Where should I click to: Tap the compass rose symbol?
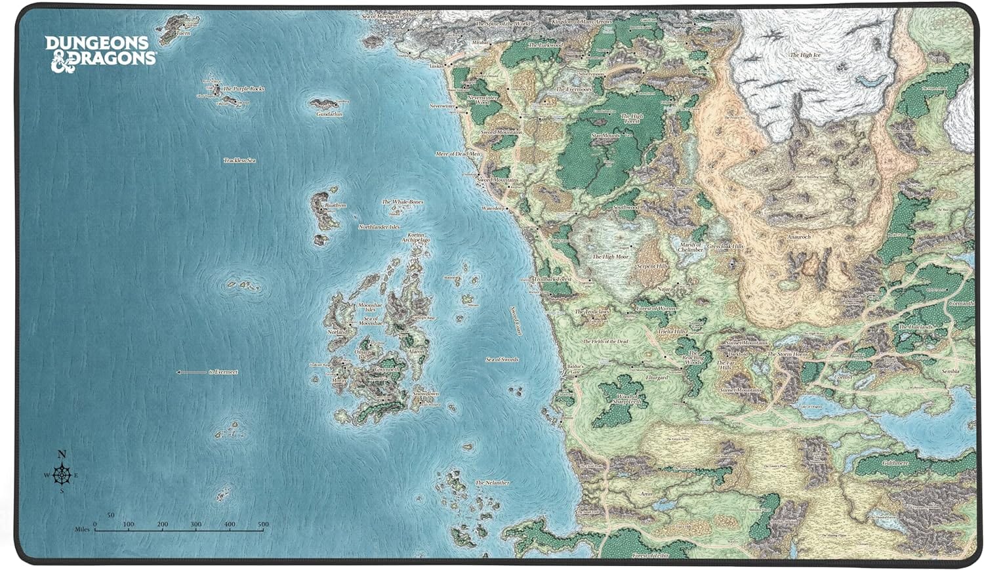(x=62, y=474)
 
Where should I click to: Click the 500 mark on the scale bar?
(x=263, y=525)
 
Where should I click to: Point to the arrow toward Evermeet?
(x=191, y=372)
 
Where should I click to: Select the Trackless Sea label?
(x=239, y=160)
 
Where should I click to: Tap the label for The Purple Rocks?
(x=243, y=89)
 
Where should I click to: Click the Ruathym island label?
(x=335, y=205)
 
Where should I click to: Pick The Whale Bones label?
(x=402, y=202)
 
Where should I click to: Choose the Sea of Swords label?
(x=502, y=359)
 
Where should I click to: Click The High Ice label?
(x=805, y=55)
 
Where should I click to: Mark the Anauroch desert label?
(x=799, y=237)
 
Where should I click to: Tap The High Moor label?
(x=610, y=256)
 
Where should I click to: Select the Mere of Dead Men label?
(x=458, y=153)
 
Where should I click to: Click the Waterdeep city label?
(x=493, y=208)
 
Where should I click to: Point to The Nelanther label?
(x=492, y=483)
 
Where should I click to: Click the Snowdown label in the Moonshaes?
(x=426, y=394)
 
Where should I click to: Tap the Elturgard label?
(x=656, y=378)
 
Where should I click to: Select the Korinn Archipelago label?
(x=416, y=237)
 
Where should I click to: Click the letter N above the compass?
(x=62, y=454)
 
